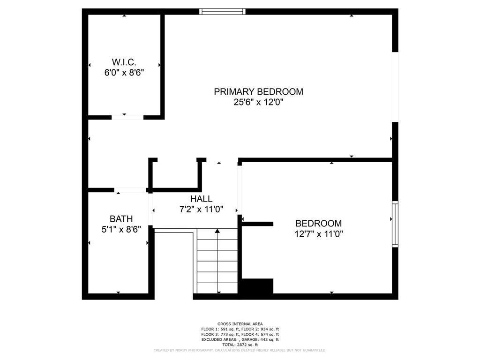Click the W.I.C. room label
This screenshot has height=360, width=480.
[124, 62]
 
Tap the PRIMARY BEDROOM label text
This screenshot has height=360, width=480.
[258, 91]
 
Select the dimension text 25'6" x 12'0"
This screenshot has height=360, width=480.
[258, 102]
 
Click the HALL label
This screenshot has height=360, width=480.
[201, 199]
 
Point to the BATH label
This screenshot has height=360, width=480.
[121, 219]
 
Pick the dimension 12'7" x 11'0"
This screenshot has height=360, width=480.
[319, 234]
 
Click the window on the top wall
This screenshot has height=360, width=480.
[223, 12]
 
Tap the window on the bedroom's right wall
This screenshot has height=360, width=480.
[395, 224]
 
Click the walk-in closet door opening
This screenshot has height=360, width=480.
[127, 117]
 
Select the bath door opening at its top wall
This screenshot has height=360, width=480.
[130, 190]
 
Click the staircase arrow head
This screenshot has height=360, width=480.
[217, 231]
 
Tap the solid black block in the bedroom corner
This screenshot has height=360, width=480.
[257, 286]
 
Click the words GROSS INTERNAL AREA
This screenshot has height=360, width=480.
[240, 324]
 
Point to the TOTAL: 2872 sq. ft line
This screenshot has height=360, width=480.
[240, 345]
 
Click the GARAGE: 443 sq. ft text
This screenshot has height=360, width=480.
[260, 339]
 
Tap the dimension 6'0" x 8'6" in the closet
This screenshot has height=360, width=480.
[124, 73]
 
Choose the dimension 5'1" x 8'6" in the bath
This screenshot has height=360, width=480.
[121, 230]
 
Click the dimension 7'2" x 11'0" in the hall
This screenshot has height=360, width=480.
[201, 210]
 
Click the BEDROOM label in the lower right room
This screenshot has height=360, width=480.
[319, 223]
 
